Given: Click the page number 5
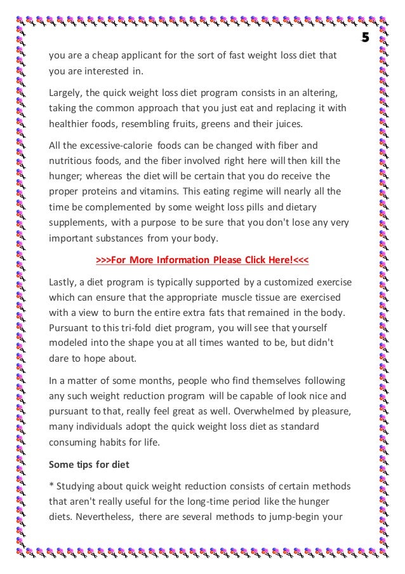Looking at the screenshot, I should pyautogui.click(x=365, y=38).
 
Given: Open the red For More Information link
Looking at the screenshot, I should pyautogui.click(x=202, y=261).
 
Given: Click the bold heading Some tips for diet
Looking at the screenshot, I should pyautogui.click(x=89, y=464).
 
